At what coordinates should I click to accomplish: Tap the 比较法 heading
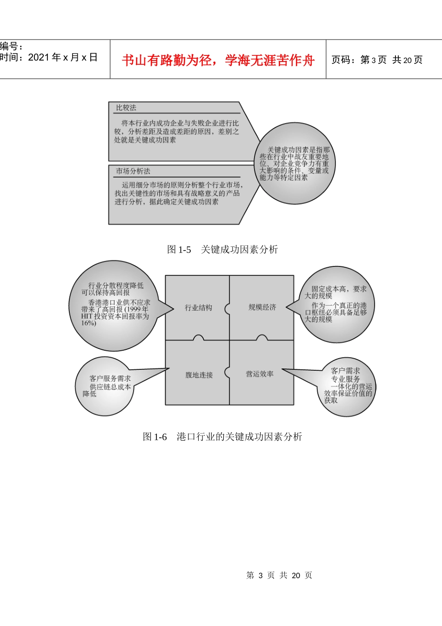pyautogui.click(x=126, y=108)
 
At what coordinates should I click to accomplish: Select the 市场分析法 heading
pyautogui.click(x=133, y=171)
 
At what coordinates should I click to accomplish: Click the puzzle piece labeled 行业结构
pyautogui.click(x=198, y=307)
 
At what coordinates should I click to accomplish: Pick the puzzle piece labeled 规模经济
pyautogui.click(x=262, y=307)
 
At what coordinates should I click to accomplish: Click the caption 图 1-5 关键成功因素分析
pyautogui.click(x=222, y=250)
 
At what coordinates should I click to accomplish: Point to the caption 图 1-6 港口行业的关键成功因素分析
pyautogui.click(x=222, y=437)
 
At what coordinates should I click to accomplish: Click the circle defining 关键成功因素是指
pyautogui.click(x=295, y=163)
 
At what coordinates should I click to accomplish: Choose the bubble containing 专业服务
pyautogui.click(x=347, y=387)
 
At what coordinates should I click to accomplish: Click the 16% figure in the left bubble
pyautogui.click(x=88, y=323)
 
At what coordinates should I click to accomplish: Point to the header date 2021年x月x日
pyautogui.click(x=63, y=57)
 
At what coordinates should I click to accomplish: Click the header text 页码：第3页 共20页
pyautogui.click(x=377, y=60)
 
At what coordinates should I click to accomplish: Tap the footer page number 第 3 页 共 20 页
pyautogui.click(x=279, y=576)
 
